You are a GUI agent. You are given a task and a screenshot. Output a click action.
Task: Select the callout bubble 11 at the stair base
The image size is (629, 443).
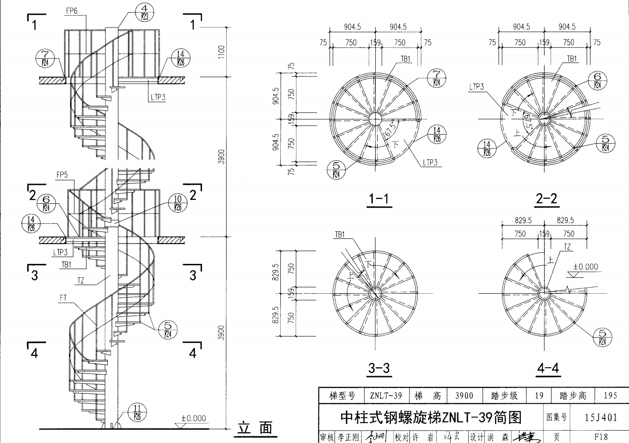(137, 413)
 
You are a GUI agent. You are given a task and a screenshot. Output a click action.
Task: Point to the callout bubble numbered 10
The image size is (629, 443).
(177, 203)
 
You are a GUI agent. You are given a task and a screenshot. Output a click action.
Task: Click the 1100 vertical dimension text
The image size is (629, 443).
(222, 51)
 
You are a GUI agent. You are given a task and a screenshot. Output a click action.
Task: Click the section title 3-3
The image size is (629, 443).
(379, 368)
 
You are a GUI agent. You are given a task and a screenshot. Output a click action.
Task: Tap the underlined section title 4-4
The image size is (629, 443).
(548, 368)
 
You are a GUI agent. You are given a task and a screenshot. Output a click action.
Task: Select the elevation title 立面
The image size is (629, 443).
(255, 428)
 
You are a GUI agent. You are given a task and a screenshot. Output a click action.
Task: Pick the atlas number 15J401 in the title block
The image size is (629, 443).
(601, 417)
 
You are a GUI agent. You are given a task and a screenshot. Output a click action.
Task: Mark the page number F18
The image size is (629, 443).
(601, 436)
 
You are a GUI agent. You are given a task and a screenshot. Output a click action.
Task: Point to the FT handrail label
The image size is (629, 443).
(64, 298)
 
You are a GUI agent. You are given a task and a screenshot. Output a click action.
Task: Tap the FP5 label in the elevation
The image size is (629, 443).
(62, 175)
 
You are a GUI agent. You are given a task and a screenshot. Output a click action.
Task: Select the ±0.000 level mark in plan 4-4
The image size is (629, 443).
(585, 267)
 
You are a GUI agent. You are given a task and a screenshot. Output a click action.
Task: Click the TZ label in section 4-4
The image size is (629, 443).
(567, 246)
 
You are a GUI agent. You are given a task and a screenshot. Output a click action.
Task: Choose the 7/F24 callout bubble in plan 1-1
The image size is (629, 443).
(436, 78)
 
